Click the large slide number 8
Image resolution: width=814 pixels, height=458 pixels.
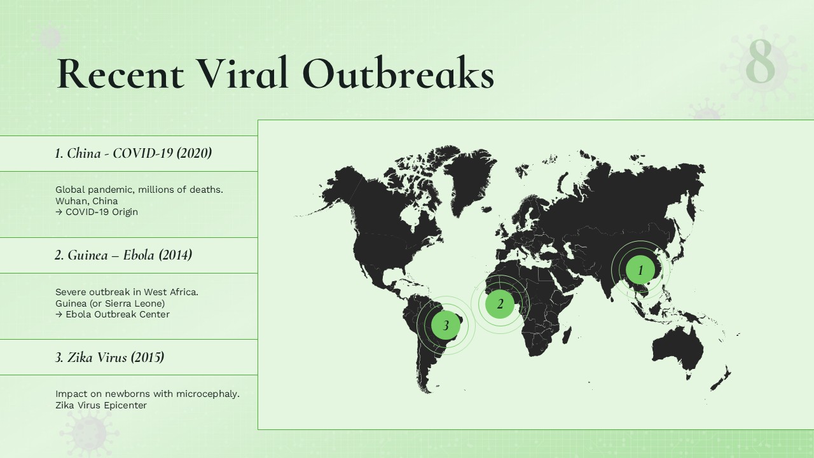click(x=761, y=62)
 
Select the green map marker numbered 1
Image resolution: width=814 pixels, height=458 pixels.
click(x=640, y=270)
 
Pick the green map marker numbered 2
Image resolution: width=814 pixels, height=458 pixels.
click(x=500, y=304)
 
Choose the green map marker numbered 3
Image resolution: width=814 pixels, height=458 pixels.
click(x=446, y=326)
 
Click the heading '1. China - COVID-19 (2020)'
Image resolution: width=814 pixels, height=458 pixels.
click(x=133, y=153)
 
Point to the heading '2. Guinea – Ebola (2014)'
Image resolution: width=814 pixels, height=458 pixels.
click(x=123, y=255)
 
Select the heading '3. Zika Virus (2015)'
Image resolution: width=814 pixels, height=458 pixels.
click(x=109, y=357)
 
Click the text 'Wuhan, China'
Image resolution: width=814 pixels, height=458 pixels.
click(x=86, y=201)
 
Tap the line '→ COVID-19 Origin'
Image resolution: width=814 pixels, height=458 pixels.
click(x=97, y=212)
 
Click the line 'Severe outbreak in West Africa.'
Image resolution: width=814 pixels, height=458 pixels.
click(x=127, y=292)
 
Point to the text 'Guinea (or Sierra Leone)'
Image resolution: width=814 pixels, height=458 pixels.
click(x=110, y=303)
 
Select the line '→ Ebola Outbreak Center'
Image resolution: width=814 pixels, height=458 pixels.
click(x=113, y=314)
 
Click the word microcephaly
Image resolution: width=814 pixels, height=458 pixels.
click(x=207, y=394)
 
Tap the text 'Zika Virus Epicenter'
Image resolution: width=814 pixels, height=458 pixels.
click(x=101, y=405)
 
